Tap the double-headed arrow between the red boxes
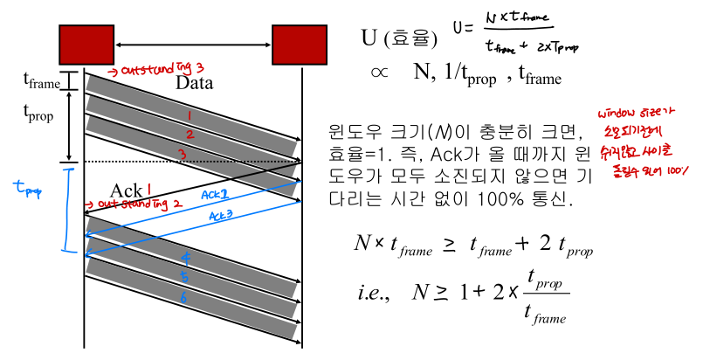click(x=194, y=45)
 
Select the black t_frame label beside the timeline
click(x=41, y=81)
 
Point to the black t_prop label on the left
click(x=39, y=114)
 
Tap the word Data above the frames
click(x=195, y=84)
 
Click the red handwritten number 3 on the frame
click(x=183, y=155)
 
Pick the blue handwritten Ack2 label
click(x=215, y=195)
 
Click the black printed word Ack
click(x=125, y=190)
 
